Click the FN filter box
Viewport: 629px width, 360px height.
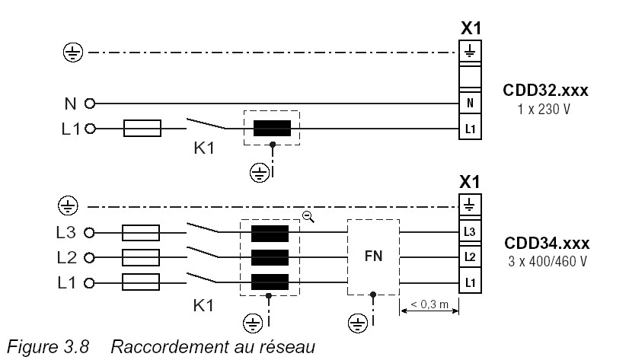click(373, 258)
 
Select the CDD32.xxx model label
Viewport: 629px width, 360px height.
click(546, 91)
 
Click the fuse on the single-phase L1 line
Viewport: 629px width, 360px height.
click(142, 129)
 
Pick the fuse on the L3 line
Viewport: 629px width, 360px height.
click(140, 232)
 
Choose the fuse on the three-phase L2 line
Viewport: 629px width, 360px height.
click(140, 257)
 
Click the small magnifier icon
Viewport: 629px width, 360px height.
click(308, 216)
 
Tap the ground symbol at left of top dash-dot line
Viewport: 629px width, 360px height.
click(71, 53)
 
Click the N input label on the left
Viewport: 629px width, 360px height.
click(70, 102)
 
